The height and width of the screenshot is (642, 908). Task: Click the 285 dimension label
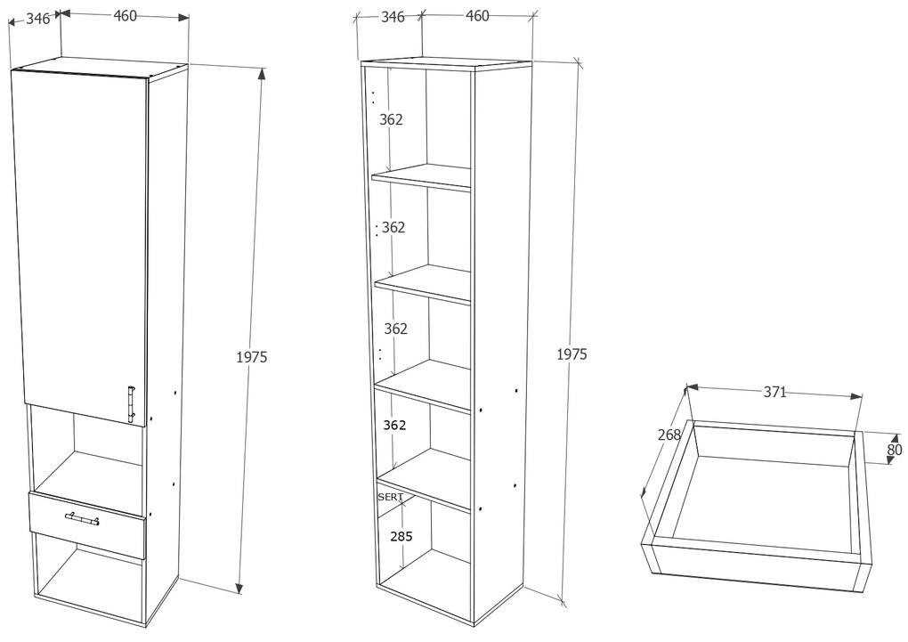tap(401, 536)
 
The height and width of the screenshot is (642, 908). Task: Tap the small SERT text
tap(390, 497)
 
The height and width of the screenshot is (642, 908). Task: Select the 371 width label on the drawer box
tap(774, 393)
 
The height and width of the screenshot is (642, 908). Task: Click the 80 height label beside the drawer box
tap(894, 449)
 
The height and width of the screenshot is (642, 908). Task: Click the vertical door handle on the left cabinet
tap(132, 404)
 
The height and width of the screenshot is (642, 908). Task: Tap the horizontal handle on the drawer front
tap(82, 518)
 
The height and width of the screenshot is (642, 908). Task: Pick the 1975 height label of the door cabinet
tap(251, 357)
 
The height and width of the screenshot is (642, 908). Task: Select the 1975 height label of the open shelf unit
tap(572, 354)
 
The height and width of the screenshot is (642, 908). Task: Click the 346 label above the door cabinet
tap(37, 19)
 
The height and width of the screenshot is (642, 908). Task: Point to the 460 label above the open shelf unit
tap(477, 16)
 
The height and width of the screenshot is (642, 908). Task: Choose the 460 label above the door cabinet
tap(126, 16)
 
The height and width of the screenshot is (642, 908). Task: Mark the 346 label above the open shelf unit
tap(393, 17)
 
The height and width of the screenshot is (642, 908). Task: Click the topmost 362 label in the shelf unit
tap(391, 119)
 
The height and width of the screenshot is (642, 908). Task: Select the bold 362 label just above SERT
tap(394, 426)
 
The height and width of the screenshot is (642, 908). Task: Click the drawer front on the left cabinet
tap(87, 524)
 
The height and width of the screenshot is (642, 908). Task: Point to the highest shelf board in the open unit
tap(422, 176)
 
